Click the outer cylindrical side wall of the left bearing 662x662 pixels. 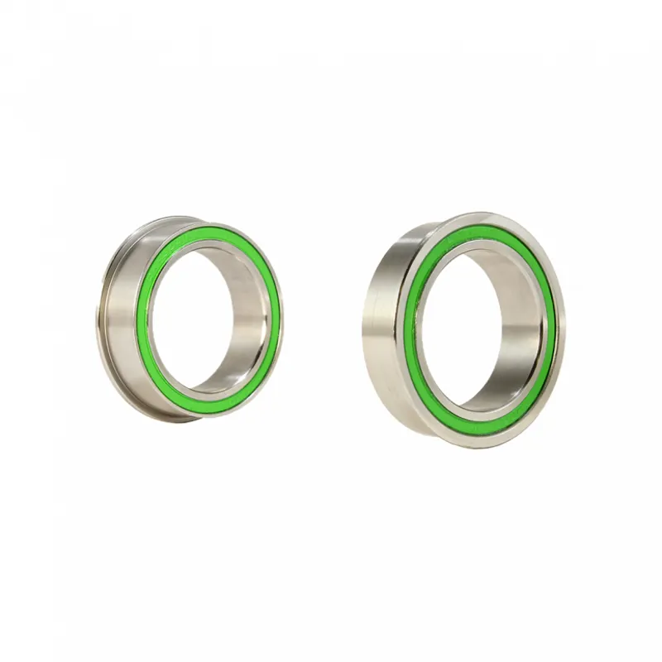click(124, 323)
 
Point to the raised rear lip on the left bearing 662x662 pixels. click(103, 323)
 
